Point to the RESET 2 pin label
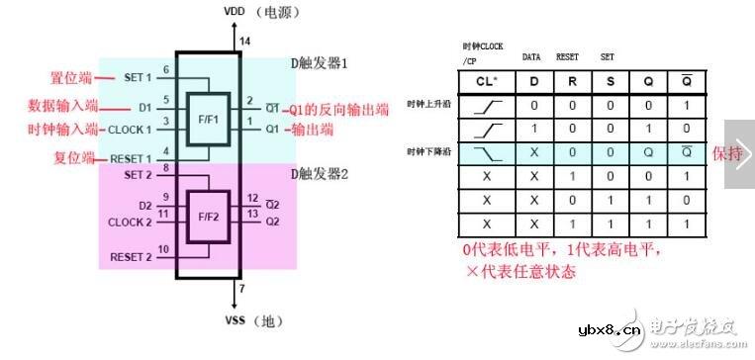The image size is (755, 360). pyautogui.click(x=131, y=257)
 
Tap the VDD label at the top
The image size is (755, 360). pyautogui.click(x=234, y=12)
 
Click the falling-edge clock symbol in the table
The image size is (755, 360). pyautogui.click(x=485, y=153)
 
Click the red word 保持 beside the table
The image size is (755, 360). pyautogui.click(x=726, y=154)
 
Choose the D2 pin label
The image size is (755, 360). pyautogui.click(x=144, y=206)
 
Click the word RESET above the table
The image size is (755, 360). pyautogui.click(x=567, y=57)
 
